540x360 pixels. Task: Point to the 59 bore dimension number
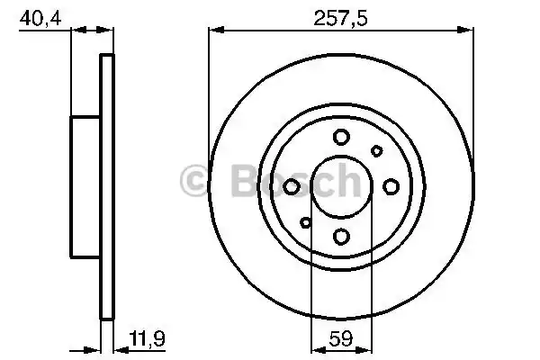(340, 341)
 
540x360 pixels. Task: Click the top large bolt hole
(341, 137)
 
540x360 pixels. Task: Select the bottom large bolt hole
(341, 236)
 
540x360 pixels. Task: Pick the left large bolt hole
(292, 186)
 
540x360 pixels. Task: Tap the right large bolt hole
(391, 186)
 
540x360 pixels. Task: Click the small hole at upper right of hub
(377, 151)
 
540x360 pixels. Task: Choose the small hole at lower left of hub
(306, 222)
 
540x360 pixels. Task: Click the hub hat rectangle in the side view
(85, 186)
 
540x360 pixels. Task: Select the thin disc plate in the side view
(107, 186)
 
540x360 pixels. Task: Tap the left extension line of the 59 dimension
(310, 288)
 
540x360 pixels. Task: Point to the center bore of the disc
(341, 186)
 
